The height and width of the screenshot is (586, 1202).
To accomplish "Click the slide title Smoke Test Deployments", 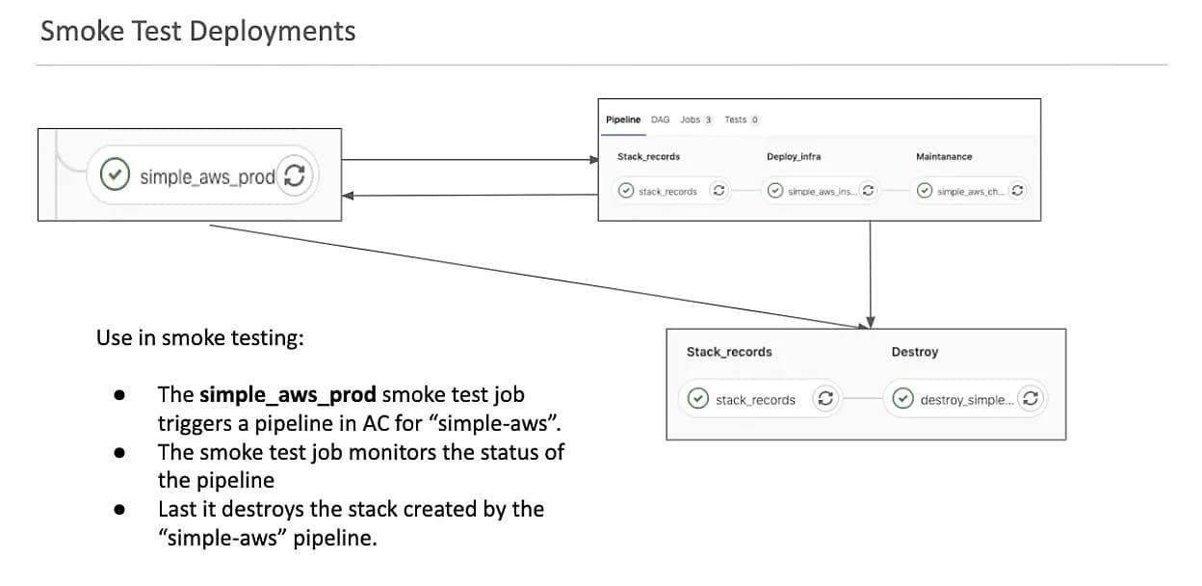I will click(197, 32).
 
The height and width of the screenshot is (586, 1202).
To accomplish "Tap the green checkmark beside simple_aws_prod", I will click(116, 175).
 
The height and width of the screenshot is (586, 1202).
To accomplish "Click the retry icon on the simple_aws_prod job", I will click(296, 175).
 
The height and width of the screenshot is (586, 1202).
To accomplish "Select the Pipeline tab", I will click(623, 120).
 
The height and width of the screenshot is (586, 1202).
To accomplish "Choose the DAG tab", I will click(660, 120).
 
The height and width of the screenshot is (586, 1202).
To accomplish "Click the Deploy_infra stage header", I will click(794, 156).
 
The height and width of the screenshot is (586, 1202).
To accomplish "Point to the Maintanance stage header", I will click(944, 156).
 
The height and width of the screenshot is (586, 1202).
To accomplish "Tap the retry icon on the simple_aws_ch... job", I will click(1017, 191).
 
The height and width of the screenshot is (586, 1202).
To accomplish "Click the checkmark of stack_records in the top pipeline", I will click(626, 191).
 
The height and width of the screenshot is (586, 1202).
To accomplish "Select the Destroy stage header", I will click(914, 352).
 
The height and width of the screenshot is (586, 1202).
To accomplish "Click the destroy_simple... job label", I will click(966, 399).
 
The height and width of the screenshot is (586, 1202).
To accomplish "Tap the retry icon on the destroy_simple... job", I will click(1030, 398).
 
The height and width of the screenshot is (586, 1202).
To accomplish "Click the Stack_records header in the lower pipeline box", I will click(729, 352).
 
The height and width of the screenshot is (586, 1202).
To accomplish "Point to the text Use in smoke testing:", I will click(200, 338).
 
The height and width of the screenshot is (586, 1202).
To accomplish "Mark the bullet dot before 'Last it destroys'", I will click(119, 510).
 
